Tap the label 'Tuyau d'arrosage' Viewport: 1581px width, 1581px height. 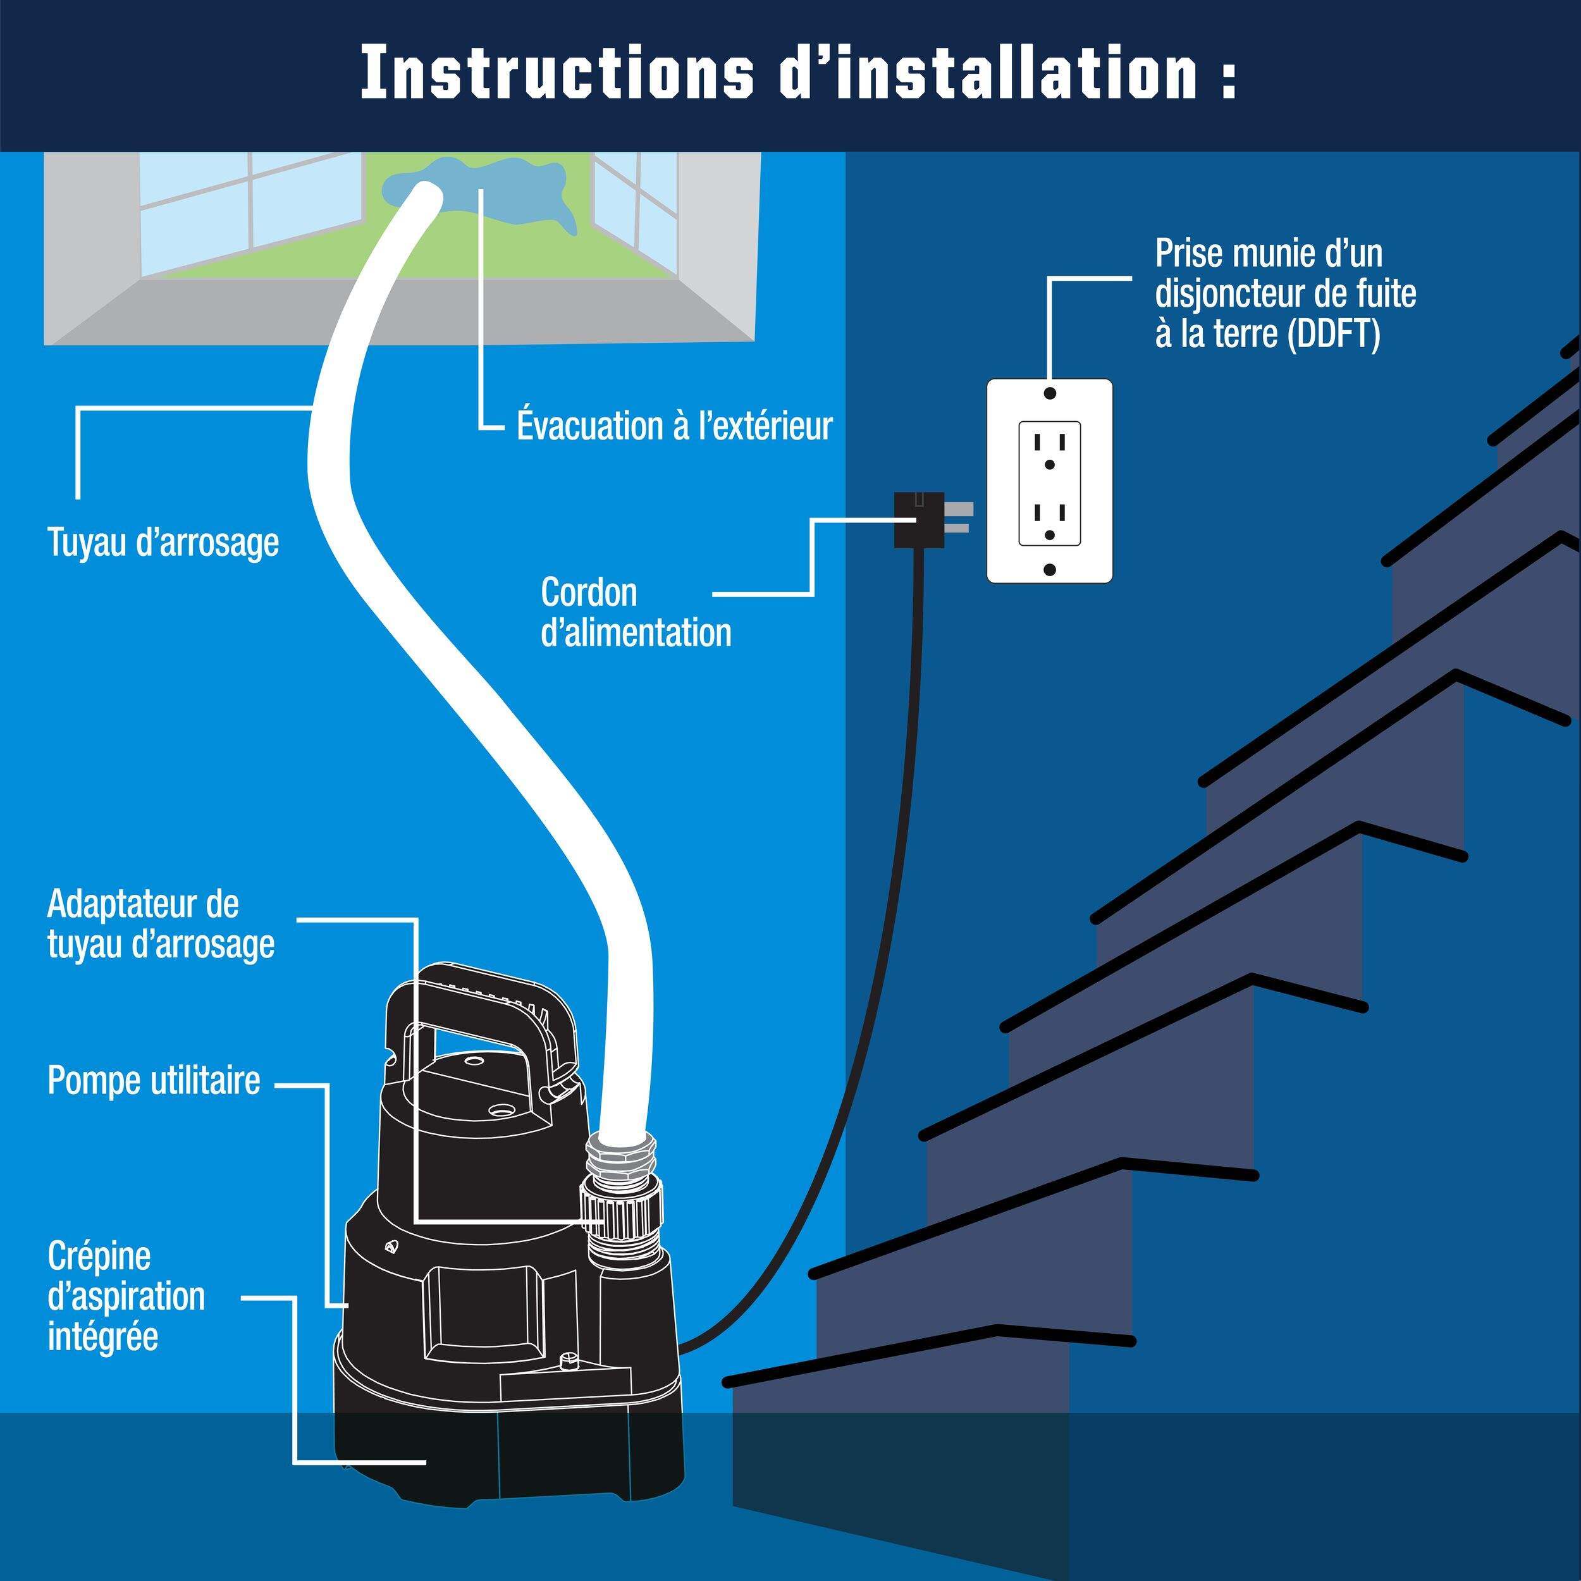[163, 543]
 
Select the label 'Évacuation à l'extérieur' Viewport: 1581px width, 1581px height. [674, 426]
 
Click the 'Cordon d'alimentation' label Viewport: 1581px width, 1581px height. [635, 613]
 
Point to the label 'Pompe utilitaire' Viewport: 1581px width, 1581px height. [154, 1081]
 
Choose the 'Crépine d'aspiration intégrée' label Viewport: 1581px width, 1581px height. [126, 1296]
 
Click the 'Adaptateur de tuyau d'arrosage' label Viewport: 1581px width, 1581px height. [161, 925]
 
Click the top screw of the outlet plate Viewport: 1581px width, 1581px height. [1050, 393]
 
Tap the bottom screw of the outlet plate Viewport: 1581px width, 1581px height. [1050, 569]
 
